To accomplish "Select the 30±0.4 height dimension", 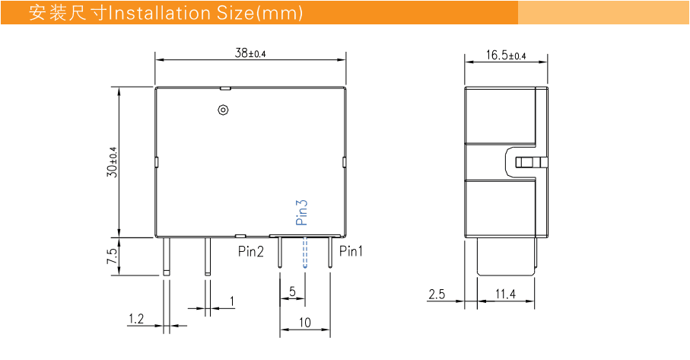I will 113,161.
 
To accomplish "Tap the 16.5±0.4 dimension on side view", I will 506,56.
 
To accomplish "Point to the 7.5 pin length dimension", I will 113,256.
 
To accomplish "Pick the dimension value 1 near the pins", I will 232,302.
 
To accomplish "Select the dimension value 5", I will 293,292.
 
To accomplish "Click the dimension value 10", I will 304,323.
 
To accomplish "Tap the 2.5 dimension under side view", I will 436,294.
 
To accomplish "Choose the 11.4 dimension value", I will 505,294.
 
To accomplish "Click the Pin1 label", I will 351,250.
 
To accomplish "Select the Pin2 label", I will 251,250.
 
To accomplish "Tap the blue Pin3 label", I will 301,213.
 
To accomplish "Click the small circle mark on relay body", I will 223,110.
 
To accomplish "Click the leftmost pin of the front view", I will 165,256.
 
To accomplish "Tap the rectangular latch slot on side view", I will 530,162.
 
